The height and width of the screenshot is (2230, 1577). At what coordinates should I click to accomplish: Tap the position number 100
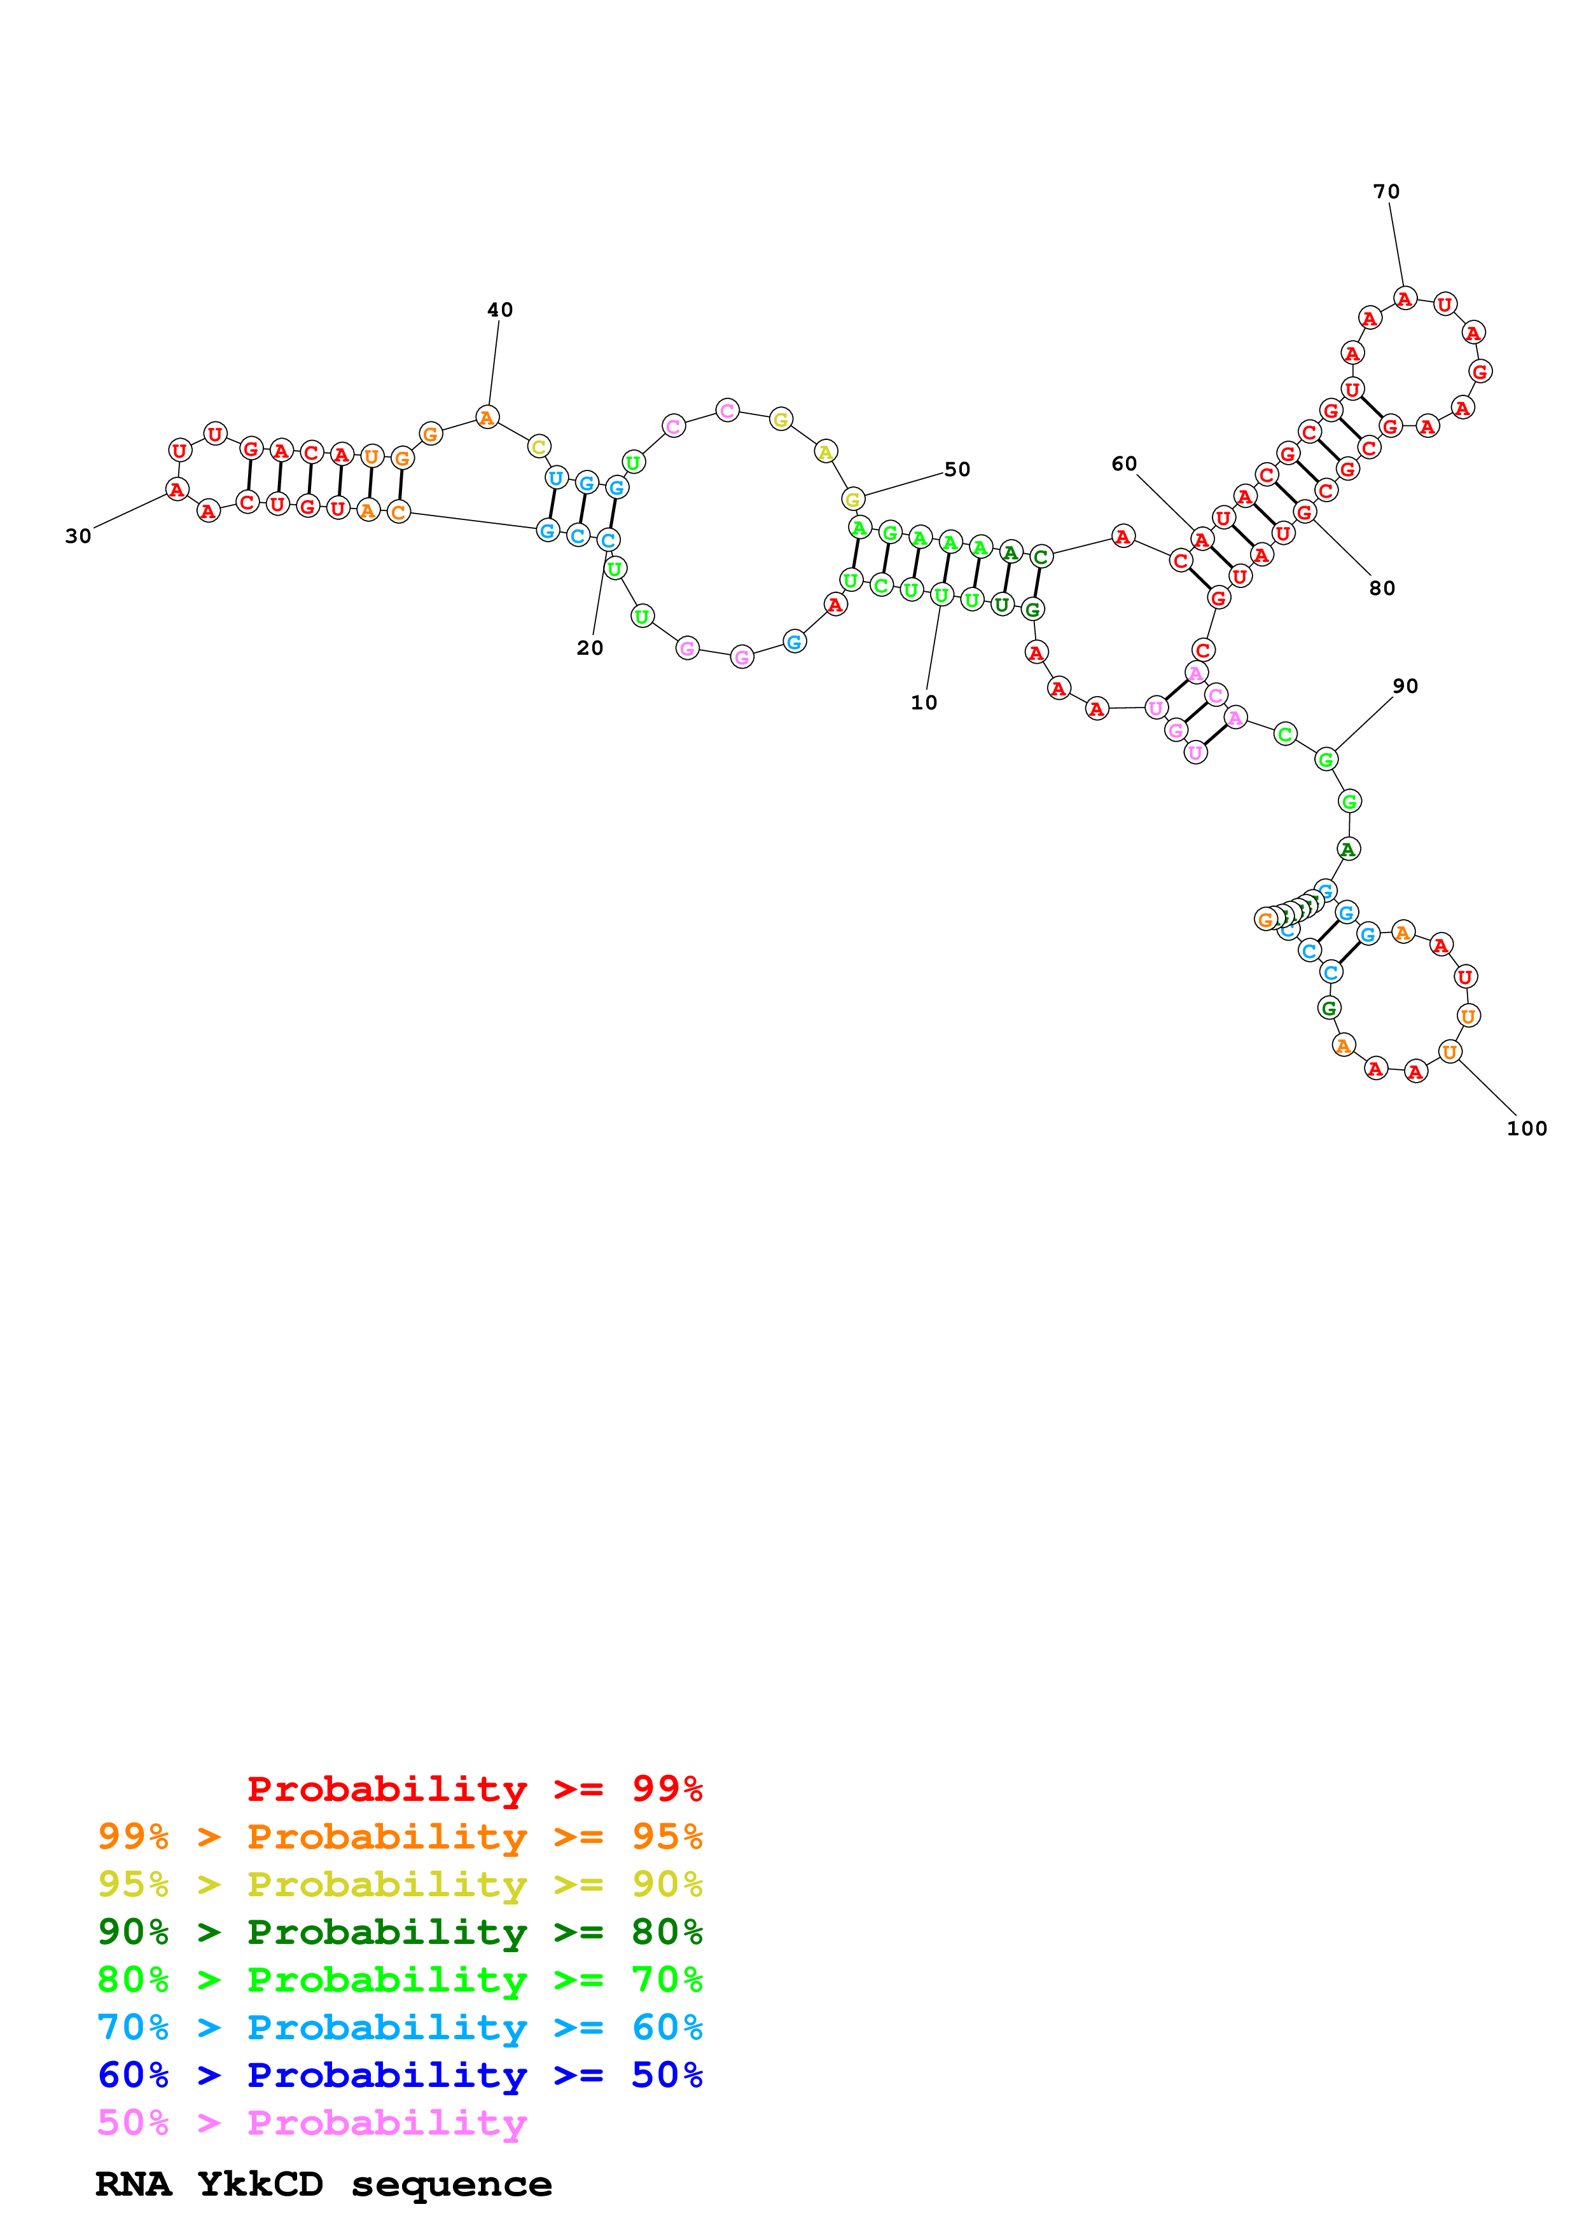point(1527,1128)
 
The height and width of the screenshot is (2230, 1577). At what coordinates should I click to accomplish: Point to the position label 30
point(78,536)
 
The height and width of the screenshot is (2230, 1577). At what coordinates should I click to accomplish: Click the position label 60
point(1123,464)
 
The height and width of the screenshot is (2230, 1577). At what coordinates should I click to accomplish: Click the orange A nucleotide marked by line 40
point(487,418)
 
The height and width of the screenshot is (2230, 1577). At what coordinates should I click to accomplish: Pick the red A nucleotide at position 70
point(1405,299)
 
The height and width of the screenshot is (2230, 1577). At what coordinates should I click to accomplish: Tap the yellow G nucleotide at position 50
point(853,499)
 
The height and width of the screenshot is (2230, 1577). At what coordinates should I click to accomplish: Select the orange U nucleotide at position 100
point(1450,1052)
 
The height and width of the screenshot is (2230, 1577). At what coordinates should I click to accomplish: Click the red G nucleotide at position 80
point(1305,512)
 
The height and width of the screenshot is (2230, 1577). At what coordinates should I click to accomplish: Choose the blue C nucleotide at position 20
point(608,540)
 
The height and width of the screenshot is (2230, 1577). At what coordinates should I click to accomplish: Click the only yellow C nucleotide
point(539,446)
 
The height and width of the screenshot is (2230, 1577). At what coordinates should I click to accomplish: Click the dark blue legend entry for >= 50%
point(400,2075)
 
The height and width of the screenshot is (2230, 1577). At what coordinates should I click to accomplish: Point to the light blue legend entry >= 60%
point(400,2027)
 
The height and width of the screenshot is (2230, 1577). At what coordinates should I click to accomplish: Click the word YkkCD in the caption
point(260,2184)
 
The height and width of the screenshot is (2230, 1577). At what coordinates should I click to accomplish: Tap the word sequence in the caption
point(452,2184)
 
